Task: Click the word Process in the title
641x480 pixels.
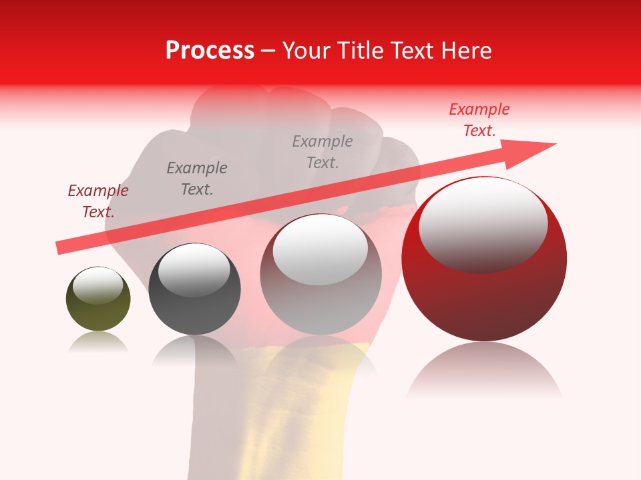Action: tap(210, 51)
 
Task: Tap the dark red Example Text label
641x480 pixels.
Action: tap(98, 201)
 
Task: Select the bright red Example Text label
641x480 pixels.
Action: tap(479, 119)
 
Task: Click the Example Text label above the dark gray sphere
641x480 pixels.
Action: tap(197, 178)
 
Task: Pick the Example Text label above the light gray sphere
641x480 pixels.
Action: tap(323, 151)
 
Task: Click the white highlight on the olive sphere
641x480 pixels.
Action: tap(97, 285)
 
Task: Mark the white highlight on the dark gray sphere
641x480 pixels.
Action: tap(194, 270)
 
